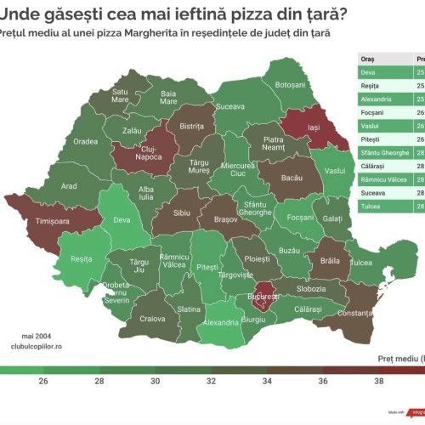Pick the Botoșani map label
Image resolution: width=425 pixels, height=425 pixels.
click(x=290, y=85)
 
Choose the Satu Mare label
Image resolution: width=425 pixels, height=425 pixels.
click(x=121, y=95)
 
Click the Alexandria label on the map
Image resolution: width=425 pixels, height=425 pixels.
click(x=222, y=323)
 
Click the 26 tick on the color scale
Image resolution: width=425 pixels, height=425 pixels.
click(x=42, y=382)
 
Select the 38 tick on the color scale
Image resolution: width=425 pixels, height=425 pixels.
click(x=378, y=382)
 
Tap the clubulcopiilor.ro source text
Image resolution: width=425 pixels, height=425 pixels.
click(x=37, y=346)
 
